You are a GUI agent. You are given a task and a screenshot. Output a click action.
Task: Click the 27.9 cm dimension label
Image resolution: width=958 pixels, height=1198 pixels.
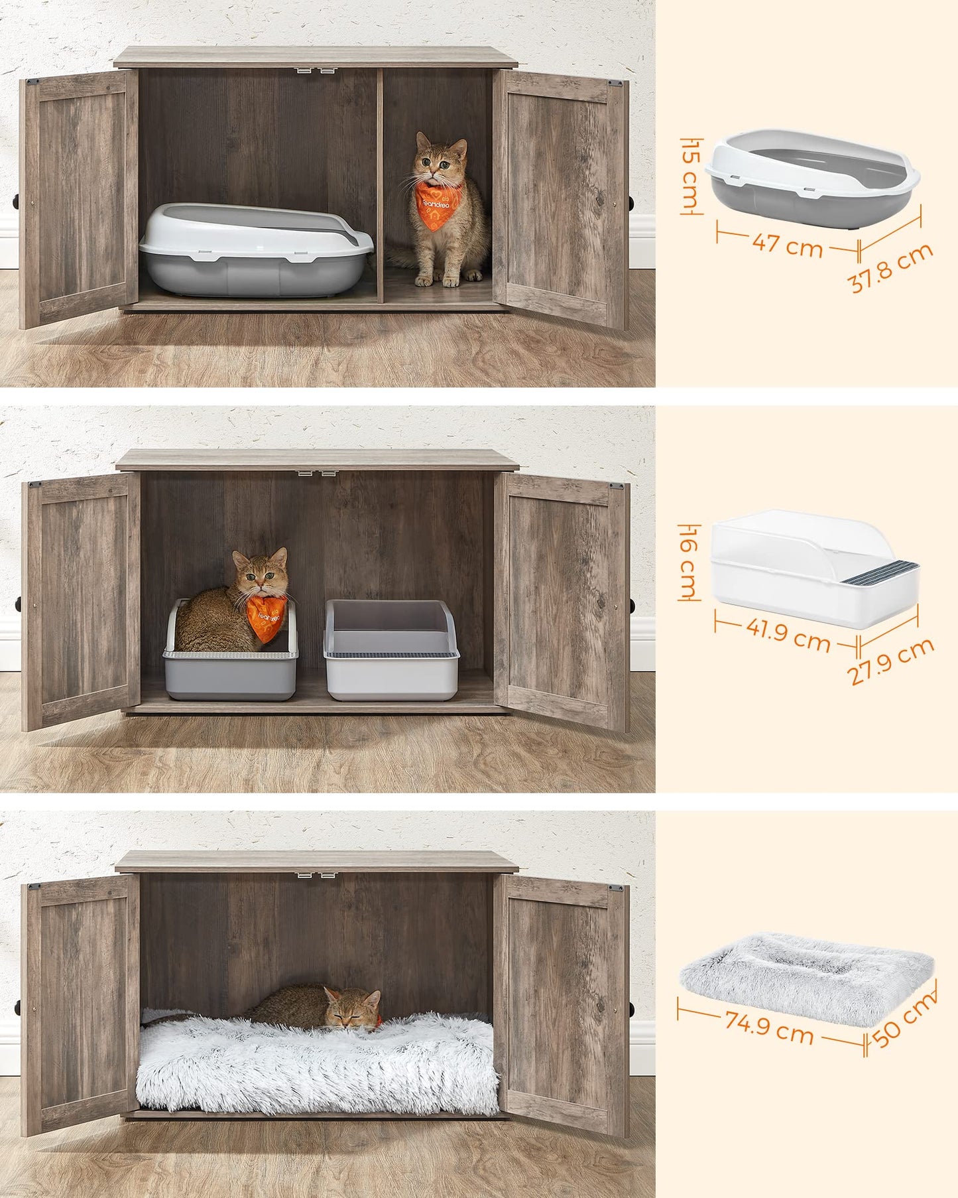click(890, 660)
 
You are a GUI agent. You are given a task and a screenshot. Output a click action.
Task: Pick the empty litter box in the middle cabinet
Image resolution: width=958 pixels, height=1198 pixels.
click(391, 649)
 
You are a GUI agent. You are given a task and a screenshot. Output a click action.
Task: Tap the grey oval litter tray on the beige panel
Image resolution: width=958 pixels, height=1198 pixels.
click(812, 178)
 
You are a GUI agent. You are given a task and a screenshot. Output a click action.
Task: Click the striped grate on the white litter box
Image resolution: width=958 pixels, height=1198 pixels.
click(881, 572)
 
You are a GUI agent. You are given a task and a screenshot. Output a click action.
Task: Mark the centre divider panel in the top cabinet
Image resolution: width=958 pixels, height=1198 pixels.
click(380, 185)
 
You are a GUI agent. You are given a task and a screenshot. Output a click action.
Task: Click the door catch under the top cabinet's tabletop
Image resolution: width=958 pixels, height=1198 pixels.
click(314, 70)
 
